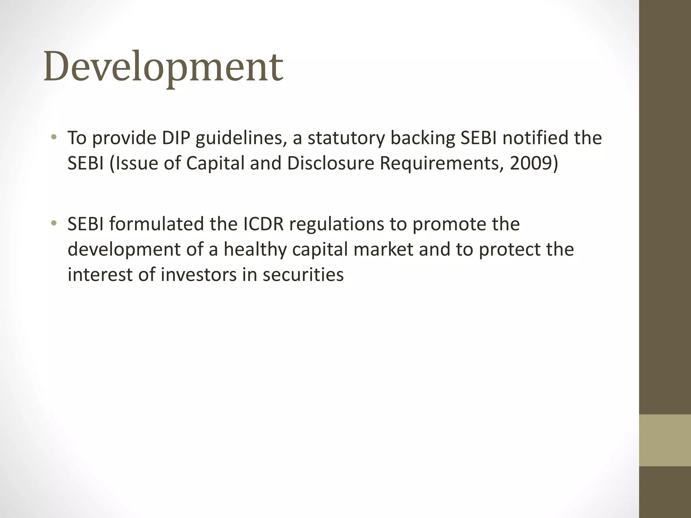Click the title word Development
tap(163, 66)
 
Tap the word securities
tap(303, 275)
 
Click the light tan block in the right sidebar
tap(665, 440)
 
